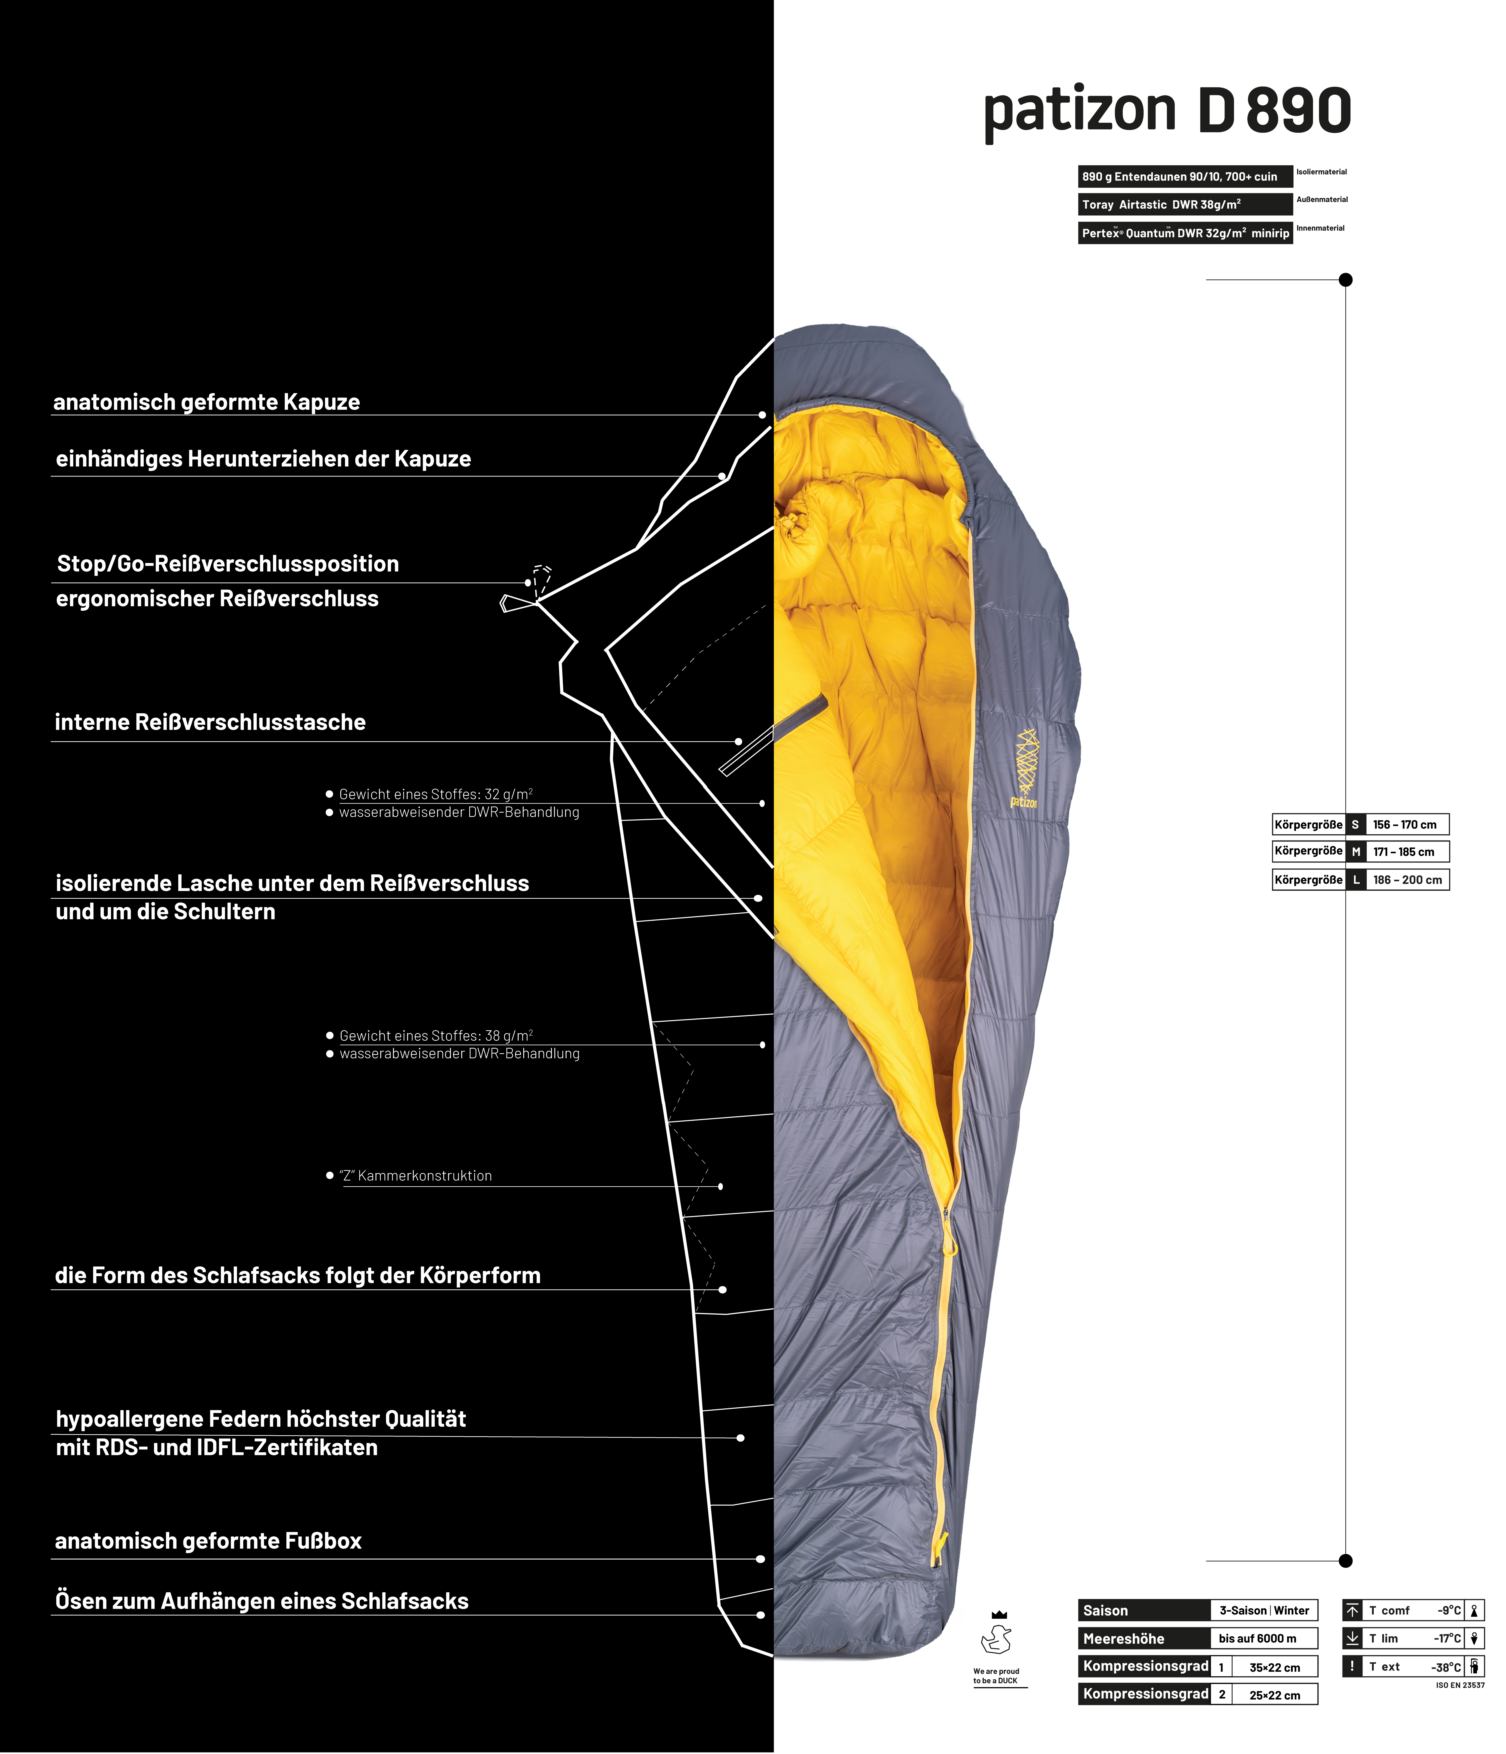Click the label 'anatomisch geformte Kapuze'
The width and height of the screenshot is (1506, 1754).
(206, 402)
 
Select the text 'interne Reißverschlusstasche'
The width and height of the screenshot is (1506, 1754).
(210, 722)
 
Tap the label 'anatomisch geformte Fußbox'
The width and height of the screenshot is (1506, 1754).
(208, 1541)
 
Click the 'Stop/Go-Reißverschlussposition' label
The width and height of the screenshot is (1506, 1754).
(228, 564)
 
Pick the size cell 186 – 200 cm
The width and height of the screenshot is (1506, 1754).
(1407, 879)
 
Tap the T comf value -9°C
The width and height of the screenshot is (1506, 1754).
(1448, 1610)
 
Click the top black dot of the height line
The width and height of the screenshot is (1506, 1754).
(1346, 279)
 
